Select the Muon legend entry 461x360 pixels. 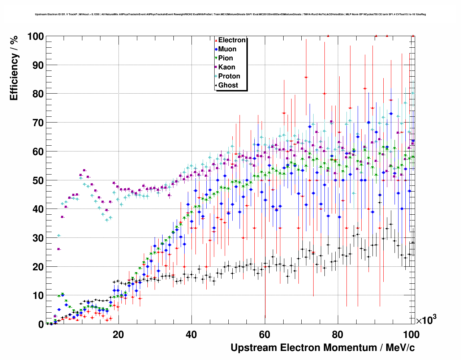click(227, 49)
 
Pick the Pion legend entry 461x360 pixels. click(225, 58)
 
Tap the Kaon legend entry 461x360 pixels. click(227, 67)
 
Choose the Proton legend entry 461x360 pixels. click(229, 76)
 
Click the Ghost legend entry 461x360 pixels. click(228, 85)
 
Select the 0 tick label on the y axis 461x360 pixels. click(41, 324)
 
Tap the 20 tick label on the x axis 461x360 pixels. click(118, 334)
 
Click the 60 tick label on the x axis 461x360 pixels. click(265, 334)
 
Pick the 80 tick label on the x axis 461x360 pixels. click(338, 334)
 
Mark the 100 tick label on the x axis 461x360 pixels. click(411, 334)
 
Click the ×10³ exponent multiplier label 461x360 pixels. click(426, 320)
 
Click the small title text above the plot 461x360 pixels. click(230, 14)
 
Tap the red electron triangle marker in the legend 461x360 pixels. click(216, 40)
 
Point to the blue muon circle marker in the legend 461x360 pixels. click(216, 49)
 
